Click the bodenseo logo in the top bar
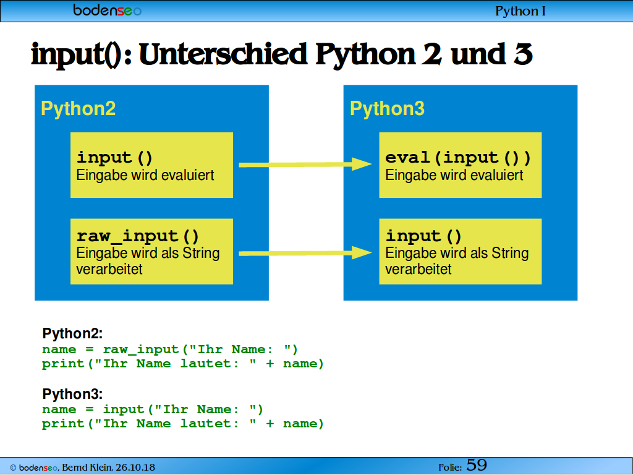point(108,10)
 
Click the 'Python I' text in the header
point(520,11)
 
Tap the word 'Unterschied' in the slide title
point(223,54)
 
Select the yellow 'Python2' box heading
point(79,109)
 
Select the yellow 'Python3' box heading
point(387,109)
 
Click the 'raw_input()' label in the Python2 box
point(138,236)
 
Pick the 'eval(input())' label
point(458,158)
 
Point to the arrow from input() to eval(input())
point(305,165)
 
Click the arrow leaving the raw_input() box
point(305,253)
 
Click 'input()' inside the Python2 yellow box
point(114,158)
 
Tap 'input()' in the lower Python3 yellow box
point(423,236)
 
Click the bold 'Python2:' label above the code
point(73,333)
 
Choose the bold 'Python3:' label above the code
point(73,394)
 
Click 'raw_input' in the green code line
point(141,349)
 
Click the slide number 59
point(477,465)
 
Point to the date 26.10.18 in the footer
point(135,468)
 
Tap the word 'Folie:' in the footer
point(450,468)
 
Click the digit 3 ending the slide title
point(523,54)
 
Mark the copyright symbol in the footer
point(13,468)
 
